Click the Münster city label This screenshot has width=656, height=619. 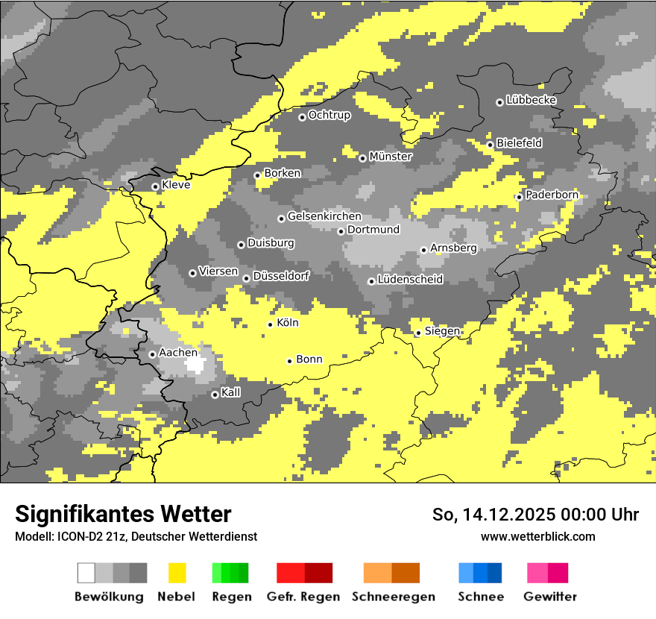(391, 157)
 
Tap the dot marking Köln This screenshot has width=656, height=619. (271, 324)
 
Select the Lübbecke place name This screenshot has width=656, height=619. (532, 100)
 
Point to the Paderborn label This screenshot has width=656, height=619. (552, 195)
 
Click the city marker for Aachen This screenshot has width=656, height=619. (152, 354)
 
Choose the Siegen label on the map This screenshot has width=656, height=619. (442, 331)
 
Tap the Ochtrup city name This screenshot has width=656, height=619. (329, 116)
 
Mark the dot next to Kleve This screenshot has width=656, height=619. (155, 186)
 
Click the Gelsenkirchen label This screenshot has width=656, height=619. (324, 216)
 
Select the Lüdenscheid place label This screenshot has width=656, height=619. (410, 280)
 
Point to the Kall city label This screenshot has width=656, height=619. (231, 392)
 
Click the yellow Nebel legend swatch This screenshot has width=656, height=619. (177, 573)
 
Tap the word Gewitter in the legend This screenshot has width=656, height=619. (550, 597)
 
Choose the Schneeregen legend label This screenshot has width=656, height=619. (394, 597)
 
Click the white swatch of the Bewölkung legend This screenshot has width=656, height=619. (86, 573)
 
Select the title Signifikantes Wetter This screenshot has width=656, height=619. (123, 515)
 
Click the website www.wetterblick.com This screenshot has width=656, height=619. (537, 537)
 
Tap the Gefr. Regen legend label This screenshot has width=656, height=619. (303, 597)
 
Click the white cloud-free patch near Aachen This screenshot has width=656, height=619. (196, 365)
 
